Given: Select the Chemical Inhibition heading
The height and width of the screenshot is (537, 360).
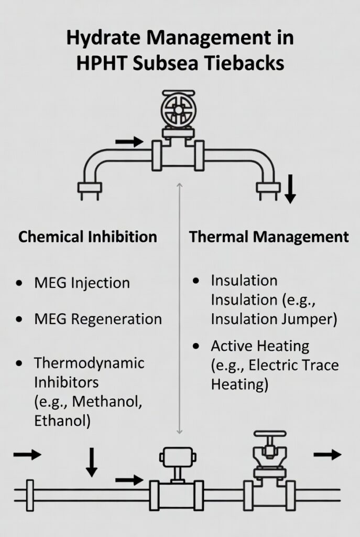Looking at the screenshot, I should tap(88, 237).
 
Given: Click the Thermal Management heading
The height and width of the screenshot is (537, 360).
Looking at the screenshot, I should tap(269, 237).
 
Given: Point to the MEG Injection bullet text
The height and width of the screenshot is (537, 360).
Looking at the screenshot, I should tap(82, 283).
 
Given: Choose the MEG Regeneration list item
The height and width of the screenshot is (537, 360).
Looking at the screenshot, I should tap(98, 318).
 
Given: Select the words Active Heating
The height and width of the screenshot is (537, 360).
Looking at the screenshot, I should tap(260, 346).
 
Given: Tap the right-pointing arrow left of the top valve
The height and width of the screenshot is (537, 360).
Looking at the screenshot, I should tap(129, 141).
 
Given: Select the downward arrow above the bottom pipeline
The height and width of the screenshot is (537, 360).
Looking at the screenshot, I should tap(92, 461).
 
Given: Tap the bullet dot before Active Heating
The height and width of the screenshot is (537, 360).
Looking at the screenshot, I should tap(196, 347).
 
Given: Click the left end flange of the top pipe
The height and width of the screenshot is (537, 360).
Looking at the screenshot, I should tap(89, 187).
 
